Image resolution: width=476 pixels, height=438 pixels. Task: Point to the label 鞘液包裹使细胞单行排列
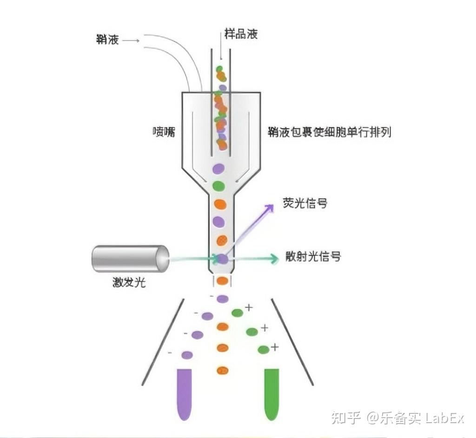click(x=330, y=132)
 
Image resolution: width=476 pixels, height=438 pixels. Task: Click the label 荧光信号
click(x=305, y=203)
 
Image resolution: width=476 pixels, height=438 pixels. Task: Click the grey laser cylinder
click(x=130, y=259)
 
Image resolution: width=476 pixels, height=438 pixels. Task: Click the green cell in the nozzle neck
click(x=218, y=186)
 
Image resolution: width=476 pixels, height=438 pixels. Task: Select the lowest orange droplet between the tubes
click(x=223, y=371)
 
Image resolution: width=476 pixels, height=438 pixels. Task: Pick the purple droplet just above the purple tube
click(x=187, y=355)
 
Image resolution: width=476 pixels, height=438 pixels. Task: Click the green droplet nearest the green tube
click(x=264, y=350)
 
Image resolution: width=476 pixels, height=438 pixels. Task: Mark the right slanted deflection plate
click(x=292, y=342)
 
